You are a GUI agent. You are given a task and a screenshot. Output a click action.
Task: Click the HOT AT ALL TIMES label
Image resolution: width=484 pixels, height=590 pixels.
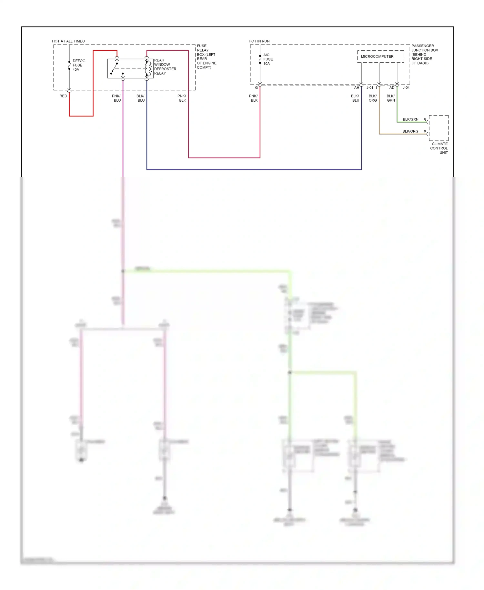point(68,41)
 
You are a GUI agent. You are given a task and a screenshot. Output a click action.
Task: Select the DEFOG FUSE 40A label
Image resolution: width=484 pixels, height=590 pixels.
point(78,65)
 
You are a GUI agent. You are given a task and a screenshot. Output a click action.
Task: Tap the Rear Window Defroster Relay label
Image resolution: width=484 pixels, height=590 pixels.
point(165,67)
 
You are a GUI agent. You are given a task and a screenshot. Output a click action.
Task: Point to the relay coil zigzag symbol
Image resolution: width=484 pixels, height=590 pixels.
point(150,68)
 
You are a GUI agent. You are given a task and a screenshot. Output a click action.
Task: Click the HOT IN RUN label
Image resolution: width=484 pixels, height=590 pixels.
point(259,41)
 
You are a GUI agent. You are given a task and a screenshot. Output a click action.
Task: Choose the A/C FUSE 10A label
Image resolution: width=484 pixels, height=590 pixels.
point(268,59)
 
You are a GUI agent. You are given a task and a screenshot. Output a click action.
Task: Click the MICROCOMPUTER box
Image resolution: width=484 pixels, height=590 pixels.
point(380,56)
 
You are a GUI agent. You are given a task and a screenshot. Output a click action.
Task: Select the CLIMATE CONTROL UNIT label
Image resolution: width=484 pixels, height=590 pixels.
point(439,148)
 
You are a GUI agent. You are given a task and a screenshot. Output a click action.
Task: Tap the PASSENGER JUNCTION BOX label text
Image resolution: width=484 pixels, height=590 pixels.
point(425,55)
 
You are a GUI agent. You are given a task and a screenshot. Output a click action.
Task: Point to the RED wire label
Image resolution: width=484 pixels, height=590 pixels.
point(63,96)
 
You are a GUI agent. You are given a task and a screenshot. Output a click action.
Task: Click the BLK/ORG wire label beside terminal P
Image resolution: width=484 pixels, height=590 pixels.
point(410,131)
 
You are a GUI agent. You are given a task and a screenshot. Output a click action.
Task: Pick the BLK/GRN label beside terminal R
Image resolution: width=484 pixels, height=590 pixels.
point(410,119)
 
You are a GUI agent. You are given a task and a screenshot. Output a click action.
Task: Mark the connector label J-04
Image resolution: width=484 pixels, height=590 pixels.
point(406,88)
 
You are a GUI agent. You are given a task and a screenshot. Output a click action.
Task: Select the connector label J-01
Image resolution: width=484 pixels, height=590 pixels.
point(370,88)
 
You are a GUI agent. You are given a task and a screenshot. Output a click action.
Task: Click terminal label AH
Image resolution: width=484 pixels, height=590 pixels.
point(357,88)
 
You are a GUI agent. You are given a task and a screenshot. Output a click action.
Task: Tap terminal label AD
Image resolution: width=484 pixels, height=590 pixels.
point(392,88)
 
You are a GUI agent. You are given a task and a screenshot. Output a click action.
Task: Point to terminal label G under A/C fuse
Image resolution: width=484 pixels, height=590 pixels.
point(257,88)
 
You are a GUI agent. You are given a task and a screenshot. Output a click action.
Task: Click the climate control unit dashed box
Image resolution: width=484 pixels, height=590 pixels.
point(439,128)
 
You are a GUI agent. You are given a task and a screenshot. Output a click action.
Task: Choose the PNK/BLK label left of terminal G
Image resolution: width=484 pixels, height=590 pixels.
point(254,98)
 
